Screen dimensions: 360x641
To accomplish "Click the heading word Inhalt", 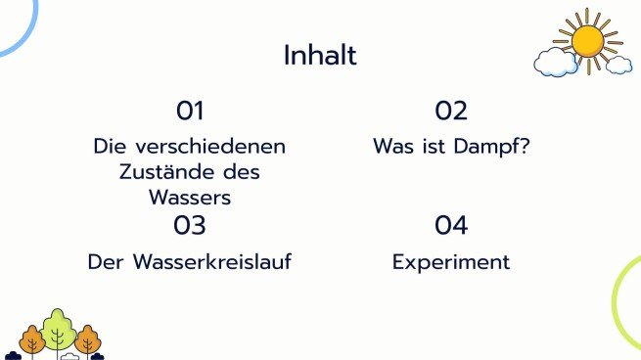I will (320, 55).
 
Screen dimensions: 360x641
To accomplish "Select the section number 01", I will (190, 111).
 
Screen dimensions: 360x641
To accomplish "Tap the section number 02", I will (451, 111).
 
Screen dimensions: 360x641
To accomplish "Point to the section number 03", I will (190, 226).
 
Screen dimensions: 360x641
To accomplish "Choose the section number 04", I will (451, 226).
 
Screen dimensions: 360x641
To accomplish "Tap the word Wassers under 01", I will (190, 197).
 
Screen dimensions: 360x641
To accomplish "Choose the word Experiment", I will (451, 262).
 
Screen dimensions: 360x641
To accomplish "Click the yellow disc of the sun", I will (587, 40).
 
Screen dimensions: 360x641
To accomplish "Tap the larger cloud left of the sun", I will (555, 63).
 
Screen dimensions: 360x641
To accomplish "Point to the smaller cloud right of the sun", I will (618, 65).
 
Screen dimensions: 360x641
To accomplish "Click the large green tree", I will (59, 327).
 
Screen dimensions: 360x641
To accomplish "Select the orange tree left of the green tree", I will (32, 339).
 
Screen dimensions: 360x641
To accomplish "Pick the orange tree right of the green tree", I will (88, 339).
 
